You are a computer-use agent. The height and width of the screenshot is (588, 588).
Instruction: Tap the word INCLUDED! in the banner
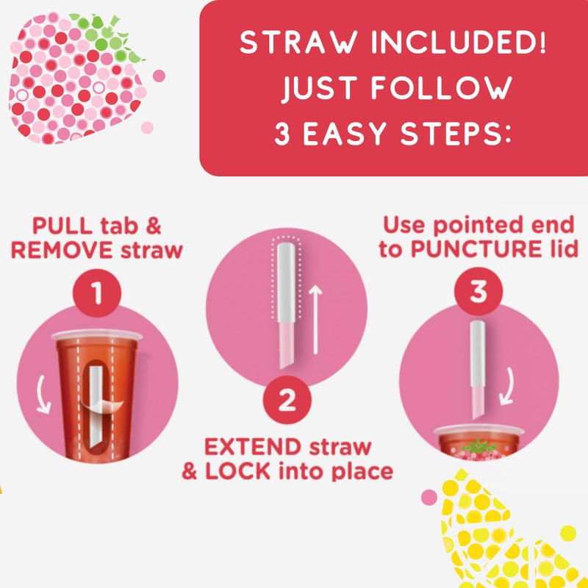456,44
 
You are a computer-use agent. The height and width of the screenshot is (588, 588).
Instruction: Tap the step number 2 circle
287,401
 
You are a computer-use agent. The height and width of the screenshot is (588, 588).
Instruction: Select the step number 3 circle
478,292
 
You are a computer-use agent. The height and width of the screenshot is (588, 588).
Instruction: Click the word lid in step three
561,249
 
